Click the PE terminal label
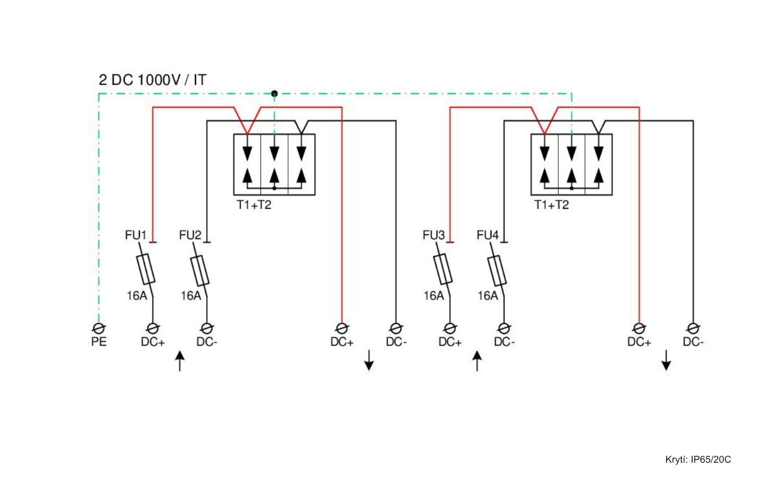pos(99,342)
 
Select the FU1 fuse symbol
pos(145,270)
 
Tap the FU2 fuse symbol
pos(200,270)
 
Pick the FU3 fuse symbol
pos(443,270)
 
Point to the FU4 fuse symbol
pos(497,270)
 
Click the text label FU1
pos(136,235)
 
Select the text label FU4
pos(487,235)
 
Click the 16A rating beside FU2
pos(190,296)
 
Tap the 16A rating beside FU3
pos(433,296)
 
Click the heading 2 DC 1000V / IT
pos(152,80)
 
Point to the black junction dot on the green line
pos(275,93)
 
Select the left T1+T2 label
pos(254,205)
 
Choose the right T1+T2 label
pos(551,205)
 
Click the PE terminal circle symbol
pos(99,328)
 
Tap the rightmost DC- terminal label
pos(693,342)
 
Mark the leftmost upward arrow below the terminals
pos(180,361)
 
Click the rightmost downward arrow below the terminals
pos(666,360)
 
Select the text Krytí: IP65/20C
pos(698,459)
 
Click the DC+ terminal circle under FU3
pos(450,328)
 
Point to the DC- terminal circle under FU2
pos(207,328)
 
